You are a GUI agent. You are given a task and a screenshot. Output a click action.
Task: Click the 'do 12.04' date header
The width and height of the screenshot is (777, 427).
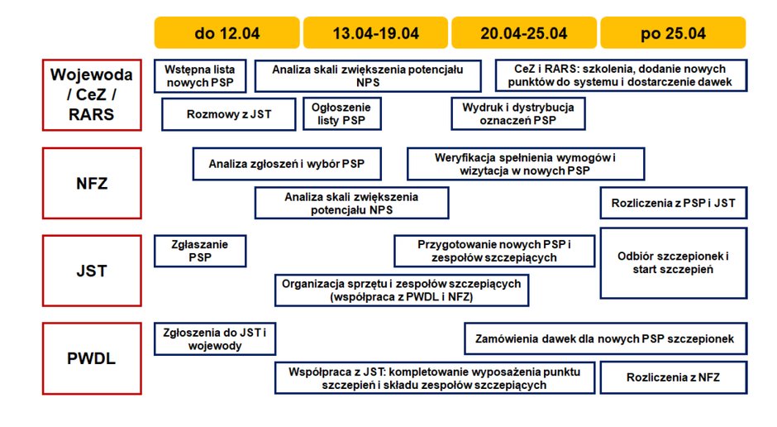[x=227, y=33]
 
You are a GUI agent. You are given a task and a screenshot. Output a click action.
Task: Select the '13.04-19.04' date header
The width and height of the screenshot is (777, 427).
[x=375, y=33]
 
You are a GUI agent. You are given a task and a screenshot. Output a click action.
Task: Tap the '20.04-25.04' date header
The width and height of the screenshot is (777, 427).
[x=524, y=33]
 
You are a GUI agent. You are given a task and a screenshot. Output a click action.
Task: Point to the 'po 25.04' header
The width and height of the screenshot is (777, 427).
[x=673, y=33]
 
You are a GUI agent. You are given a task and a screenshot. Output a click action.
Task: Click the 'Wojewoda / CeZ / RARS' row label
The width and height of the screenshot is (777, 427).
[x=92, y=94]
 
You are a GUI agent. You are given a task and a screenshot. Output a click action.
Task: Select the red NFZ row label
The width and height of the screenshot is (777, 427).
[x=92, y=183]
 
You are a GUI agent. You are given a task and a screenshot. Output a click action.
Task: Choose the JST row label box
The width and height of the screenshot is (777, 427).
[x=92, y=271]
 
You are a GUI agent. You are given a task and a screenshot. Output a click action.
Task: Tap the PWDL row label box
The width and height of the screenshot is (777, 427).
[x=92, y=358]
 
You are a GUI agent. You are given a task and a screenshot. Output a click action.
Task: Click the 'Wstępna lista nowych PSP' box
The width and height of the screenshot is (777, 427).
[x=200, y=76]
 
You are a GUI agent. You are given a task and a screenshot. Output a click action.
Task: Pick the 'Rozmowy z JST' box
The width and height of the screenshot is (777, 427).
[x=229, y=114]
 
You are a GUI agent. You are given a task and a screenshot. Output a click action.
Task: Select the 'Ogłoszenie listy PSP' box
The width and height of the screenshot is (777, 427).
[x=342, y=114]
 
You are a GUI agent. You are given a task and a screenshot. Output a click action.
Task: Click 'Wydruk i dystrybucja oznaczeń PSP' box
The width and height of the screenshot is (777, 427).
[x=518, y=114]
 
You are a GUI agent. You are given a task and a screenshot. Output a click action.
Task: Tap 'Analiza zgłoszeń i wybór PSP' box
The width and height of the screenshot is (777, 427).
[x=287, y=164]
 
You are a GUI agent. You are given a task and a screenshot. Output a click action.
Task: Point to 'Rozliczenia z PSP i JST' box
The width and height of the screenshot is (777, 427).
[x=674, y=203]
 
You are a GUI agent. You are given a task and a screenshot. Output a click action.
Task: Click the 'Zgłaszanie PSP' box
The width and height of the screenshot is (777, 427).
[x=200, y=251]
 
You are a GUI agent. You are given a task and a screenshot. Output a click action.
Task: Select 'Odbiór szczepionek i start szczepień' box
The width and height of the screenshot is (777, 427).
[x=674, y=263]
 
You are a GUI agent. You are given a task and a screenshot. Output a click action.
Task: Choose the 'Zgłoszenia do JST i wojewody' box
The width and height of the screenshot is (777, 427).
[x=215, y=339]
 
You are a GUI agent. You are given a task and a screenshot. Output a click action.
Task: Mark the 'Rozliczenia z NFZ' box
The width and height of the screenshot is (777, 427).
[x=674, y=377]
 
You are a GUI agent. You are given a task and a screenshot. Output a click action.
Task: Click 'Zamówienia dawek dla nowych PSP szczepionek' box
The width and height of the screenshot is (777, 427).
[x=606, y=338]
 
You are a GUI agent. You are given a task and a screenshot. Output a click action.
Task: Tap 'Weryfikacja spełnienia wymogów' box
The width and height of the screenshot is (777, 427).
[x=526, y=164]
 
